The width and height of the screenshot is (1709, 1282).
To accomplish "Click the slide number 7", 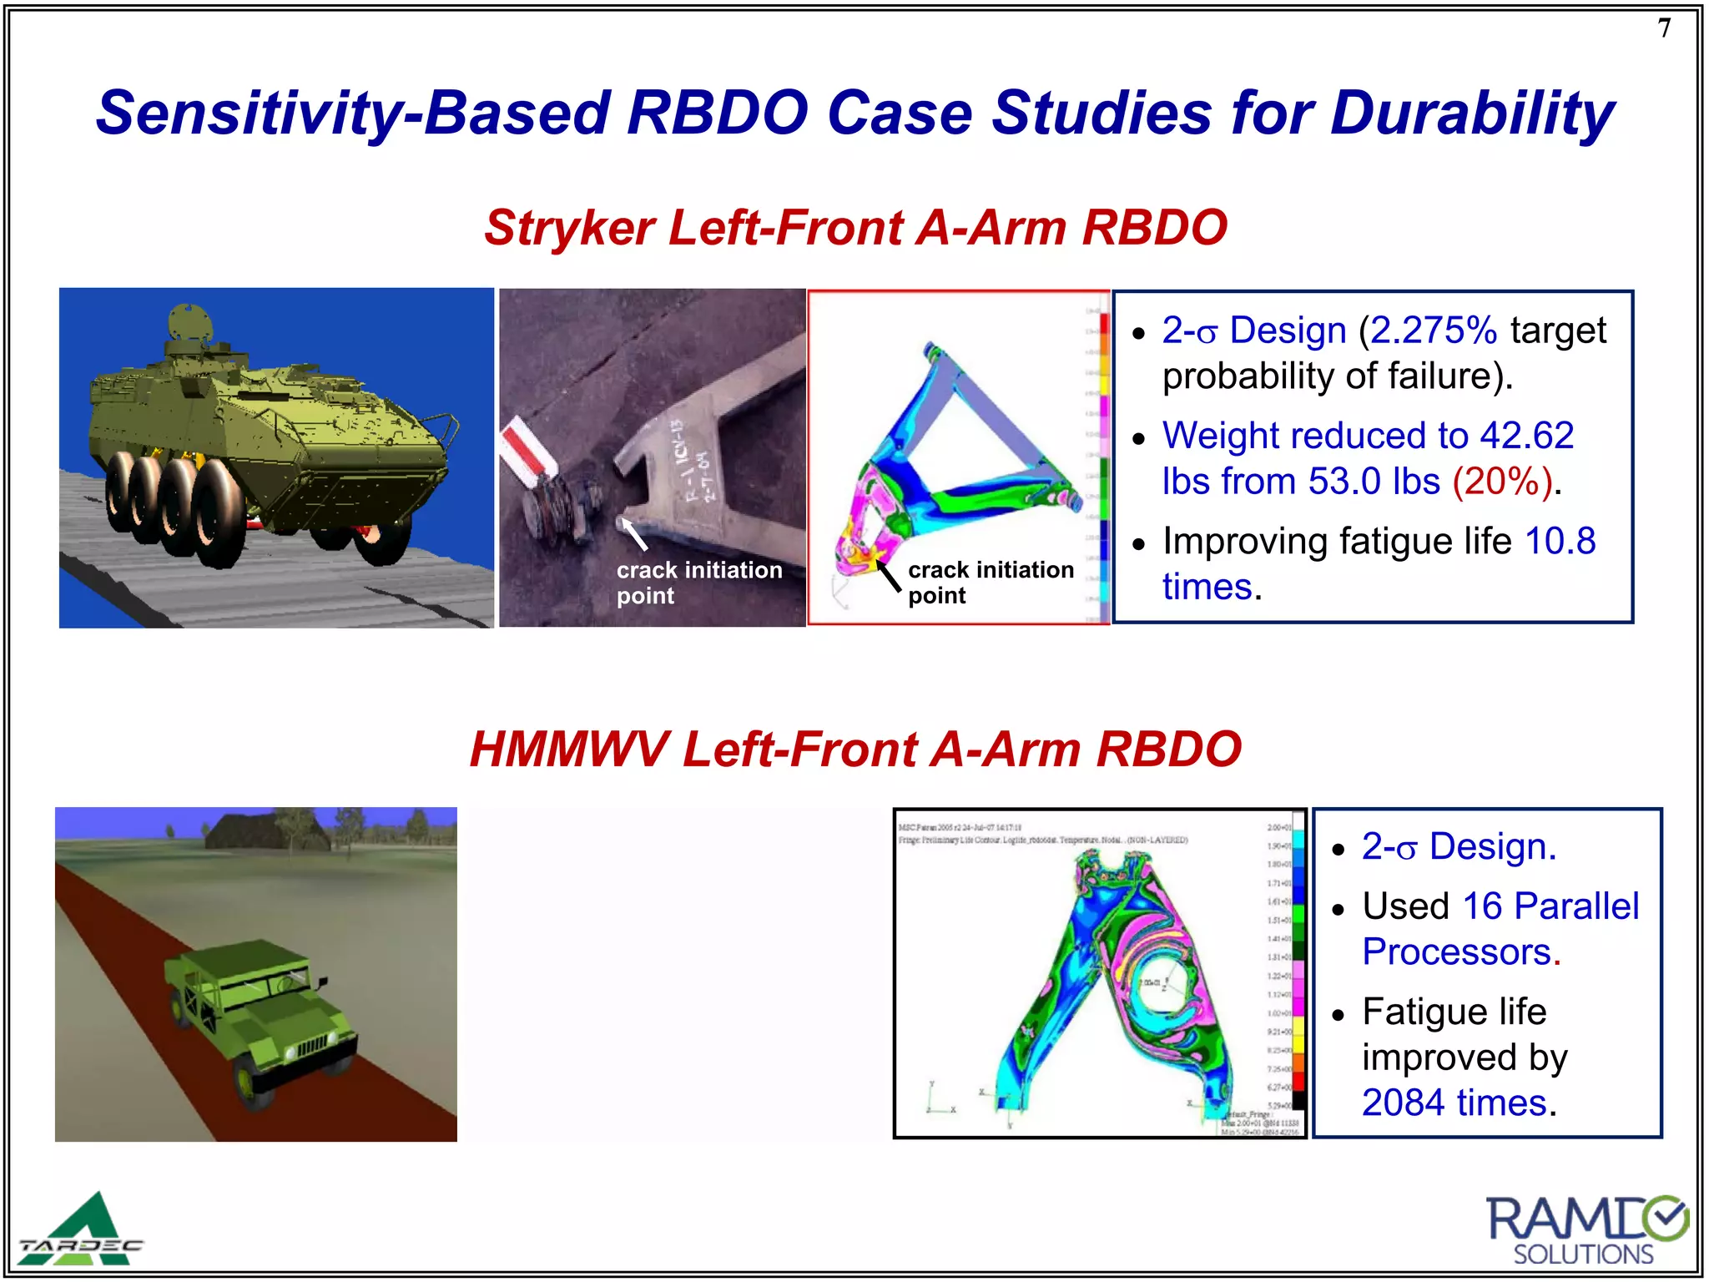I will click(x=1664, y=28).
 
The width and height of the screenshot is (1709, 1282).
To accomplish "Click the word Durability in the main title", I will click(x=1472, y=114).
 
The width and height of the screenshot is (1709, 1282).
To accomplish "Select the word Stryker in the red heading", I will click(x=570, y=228).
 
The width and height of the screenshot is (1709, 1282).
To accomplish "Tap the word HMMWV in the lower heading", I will click(x=568, y=749).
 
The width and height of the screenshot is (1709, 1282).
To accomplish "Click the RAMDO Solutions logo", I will click(x=1585, y=1230).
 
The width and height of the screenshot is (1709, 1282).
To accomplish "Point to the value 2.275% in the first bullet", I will click(x=1434, y=331).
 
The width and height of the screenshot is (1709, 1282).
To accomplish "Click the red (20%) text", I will click(x=1502, y=482).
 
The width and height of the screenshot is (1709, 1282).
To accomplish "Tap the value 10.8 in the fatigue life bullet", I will click(x=1560, y=541).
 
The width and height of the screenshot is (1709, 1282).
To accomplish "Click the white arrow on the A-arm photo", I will click(x=633, y=534).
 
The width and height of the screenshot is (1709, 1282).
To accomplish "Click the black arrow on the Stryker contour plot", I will click(x=888, y=575).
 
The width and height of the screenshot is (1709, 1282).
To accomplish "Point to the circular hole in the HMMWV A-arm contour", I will click(x=1157, y=984).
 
